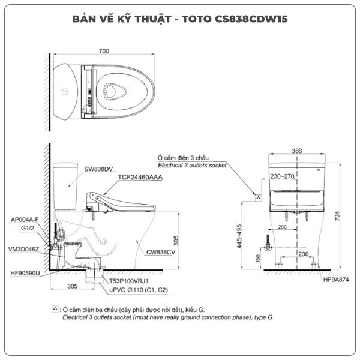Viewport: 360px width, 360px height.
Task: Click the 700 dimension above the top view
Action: (104, 51)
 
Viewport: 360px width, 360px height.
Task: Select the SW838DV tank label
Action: (98, 169)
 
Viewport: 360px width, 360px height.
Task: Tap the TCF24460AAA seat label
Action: (140, 177)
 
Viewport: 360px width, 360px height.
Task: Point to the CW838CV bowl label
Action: (161, 252)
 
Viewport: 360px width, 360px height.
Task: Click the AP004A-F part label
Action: (25, 220)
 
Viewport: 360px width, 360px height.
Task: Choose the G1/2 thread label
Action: (28, 228)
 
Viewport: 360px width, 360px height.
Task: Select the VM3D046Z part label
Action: (23, 250)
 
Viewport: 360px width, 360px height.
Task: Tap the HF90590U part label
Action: (25, 273)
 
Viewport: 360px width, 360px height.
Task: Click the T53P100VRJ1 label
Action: (129, 281)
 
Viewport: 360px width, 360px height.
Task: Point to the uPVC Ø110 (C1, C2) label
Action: (139, 290)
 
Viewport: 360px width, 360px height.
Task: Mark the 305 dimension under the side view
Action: (73, 286)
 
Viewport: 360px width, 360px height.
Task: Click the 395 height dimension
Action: (176, 241)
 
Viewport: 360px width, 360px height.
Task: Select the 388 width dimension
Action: (297, 151)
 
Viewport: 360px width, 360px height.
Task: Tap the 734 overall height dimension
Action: (337, 216)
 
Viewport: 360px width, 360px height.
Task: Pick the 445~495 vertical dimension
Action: (239, 236)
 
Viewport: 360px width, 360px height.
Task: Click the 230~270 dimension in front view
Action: (282, 176)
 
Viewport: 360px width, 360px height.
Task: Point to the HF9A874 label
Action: (336, 280)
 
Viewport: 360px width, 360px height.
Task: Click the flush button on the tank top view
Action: (65, 91)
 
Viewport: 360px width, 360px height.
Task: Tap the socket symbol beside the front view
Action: (259, 197)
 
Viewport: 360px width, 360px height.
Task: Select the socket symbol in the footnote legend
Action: (55, 309)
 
